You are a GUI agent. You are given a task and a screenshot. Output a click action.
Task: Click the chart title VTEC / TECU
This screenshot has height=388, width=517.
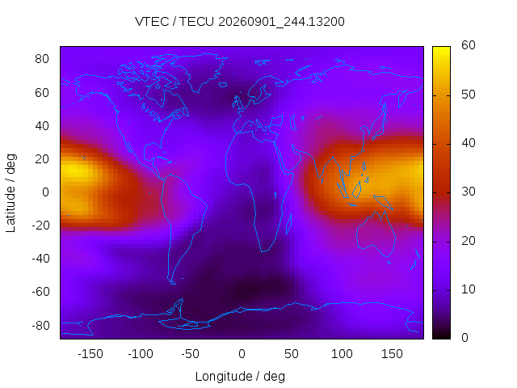pos(174,22)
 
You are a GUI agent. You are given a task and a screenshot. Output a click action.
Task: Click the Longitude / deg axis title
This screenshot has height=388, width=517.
pos(240,377)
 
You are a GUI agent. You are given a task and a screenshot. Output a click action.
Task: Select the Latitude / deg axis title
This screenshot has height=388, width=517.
pos(11,192)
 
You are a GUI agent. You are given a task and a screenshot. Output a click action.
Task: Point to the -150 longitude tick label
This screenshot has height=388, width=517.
pos(90,354)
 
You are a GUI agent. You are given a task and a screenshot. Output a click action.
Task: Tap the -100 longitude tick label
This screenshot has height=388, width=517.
pos(141,354)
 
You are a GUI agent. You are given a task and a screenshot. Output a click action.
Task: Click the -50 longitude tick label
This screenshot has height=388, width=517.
pos(191,354)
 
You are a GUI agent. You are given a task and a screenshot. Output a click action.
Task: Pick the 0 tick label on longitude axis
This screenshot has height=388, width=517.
pos(242,354)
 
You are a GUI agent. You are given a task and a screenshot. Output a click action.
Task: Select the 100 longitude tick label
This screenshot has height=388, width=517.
pos(342,354)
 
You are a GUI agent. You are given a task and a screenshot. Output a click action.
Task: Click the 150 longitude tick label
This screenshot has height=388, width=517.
pos(392,354)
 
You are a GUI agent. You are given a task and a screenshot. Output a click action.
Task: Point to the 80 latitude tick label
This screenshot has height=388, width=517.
pos(42,59)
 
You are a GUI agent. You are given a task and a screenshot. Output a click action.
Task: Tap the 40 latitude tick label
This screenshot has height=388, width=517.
pos(42,126)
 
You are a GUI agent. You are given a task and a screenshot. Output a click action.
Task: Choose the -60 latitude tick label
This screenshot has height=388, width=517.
pos(40,292)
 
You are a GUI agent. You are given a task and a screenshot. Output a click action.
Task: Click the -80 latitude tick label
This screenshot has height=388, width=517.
pos(40,326)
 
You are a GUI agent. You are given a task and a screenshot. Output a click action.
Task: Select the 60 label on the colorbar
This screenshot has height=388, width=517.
pos(469,45)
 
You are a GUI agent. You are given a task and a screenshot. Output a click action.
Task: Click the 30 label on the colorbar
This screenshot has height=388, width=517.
pos(469,192)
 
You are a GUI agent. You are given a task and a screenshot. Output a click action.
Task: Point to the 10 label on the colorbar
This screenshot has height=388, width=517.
pos(469,289)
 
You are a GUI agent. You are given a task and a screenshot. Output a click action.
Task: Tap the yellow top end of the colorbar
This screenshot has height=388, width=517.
pos(441,48)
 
